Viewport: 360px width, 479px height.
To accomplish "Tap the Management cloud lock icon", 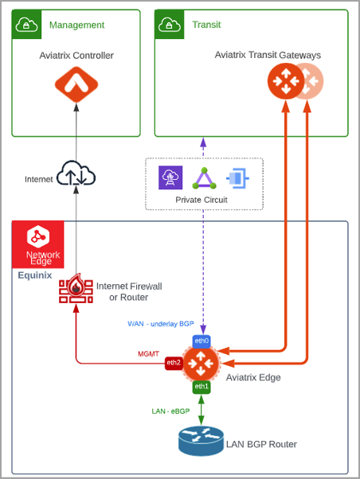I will click(x=27, y=25).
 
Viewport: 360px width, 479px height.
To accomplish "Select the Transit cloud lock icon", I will click(x=170, y=25).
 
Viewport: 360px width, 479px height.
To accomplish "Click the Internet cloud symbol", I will click(x=76, y=174).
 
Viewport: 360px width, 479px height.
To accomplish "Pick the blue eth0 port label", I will click(x=202, y=341).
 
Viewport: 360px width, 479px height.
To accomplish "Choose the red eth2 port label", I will click(x=174, y=363).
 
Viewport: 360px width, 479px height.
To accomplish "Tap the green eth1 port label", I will click(x=202, y=386).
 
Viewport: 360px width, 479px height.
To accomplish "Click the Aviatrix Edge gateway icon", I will click(x=202, y=364).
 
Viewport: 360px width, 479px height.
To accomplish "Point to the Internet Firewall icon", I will click(x=76, y=290).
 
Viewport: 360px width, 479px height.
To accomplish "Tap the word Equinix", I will click(x=35, y=275).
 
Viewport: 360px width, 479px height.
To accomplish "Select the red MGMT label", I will click(x=149, y=353).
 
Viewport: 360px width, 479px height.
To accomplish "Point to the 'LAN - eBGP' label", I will click(x=171, y=411).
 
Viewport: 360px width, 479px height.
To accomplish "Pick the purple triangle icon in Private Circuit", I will click(x=204, y=178).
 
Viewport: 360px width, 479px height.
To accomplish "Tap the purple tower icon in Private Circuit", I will click(x=171, y=178).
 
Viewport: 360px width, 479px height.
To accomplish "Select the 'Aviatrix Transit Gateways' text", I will click(x=268, y=55).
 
